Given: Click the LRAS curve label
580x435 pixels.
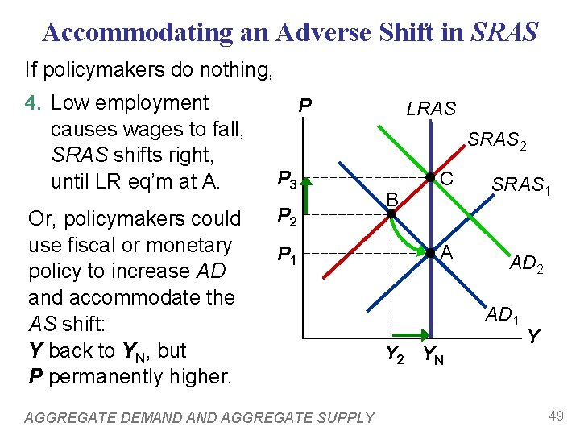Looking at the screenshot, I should pos(431,109).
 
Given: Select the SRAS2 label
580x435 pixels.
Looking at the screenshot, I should pos(497,141).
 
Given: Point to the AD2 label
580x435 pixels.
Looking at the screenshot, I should pos(526,263).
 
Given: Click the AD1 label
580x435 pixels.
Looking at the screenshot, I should pos(503,315).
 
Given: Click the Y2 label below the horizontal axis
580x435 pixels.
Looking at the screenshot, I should pos(394,354).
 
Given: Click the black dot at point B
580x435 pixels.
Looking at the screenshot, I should pos(391,214).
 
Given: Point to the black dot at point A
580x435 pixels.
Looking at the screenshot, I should pos(431,253).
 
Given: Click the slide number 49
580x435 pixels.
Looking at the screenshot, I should pos(556,416).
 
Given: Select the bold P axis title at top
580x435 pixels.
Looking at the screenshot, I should pos(304,106).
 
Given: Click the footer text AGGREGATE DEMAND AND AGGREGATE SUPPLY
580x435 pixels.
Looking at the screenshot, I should pos(200,417).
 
